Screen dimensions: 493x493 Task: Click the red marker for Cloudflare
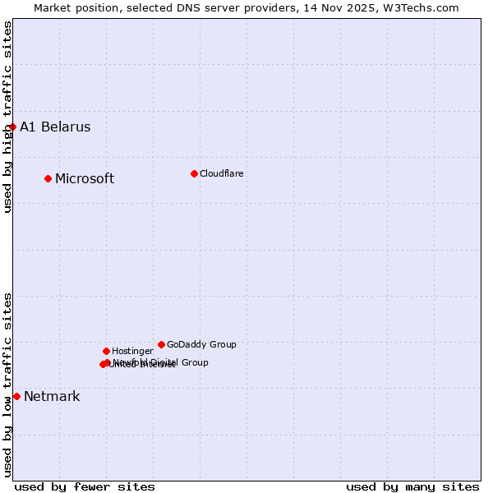pyautogui.click(x=194, y=173)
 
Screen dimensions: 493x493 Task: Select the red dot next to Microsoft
pyautogui.click(x=48, y=178)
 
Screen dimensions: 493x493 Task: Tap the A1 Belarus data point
pyautogui.click(x=12, y=127)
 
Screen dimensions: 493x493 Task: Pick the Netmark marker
pyautogui.click(x=16, y=396)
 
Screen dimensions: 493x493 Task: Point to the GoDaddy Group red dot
pyautogui.click(x=161, y=344)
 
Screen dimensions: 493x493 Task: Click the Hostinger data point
pyautogui.click(x=106, y=351)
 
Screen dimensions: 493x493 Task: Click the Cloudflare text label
pyautogui.click(x=221, y=173)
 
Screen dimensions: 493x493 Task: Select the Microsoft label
pyautogui.click(x=85, y=178)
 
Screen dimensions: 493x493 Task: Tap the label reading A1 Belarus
pyautogui.click(x=55, y=127)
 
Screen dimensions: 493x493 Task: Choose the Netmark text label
pyautogui.click(x=52, y=396)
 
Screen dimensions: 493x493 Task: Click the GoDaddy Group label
pyautogui.click(x=201, y=344)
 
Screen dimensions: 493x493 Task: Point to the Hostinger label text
pyautogui.click(x=132, y=351)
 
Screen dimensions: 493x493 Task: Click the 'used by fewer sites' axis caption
pyautogui.click(x=85, y=486)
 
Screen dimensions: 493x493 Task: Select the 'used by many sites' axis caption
pyautogui.click(x=412, y=486)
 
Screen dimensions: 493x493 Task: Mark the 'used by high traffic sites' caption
pyautogui.click(x=7, y=117)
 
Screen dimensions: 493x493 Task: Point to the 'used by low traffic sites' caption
pyautogui.click(x=7, y=385)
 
